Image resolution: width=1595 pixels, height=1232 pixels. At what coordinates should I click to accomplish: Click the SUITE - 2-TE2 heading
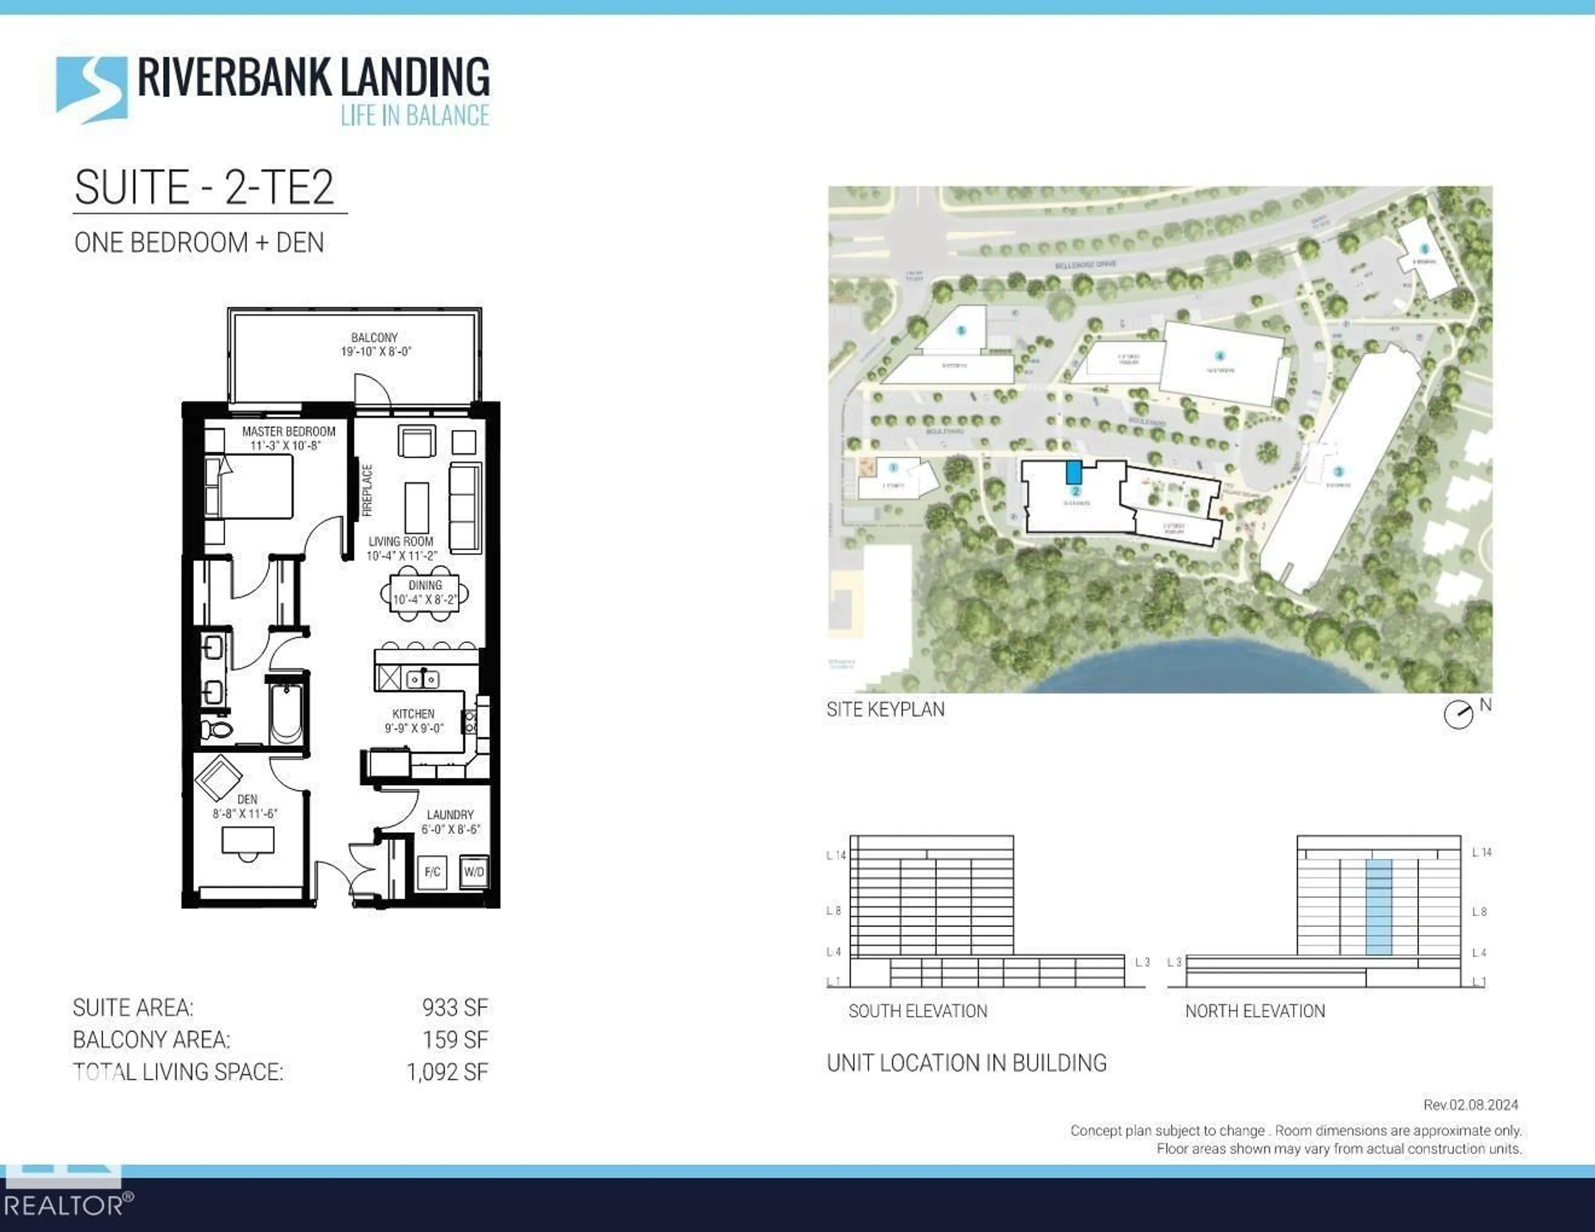tap(204, 188)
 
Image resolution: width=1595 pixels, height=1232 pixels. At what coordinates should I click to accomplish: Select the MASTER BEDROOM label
tap(289, 431)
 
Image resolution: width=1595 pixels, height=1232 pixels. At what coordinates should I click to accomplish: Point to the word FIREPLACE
tap(367, 490)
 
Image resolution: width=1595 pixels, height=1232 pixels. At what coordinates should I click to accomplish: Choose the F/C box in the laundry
tap(432, 871)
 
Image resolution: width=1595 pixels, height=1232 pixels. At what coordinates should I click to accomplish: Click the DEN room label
tap(247, 800)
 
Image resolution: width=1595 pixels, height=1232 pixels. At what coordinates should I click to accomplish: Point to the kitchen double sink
tap(422, 679)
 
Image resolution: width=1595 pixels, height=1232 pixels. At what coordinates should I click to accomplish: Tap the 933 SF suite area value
tap(454, 1008)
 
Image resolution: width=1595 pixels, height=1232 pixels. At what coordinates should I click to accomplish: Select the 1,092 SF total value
tap(447, 1072)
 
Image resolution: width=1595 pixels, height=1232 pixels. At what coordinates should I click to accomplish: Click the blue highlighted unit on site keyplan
tap(1074, 472)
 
